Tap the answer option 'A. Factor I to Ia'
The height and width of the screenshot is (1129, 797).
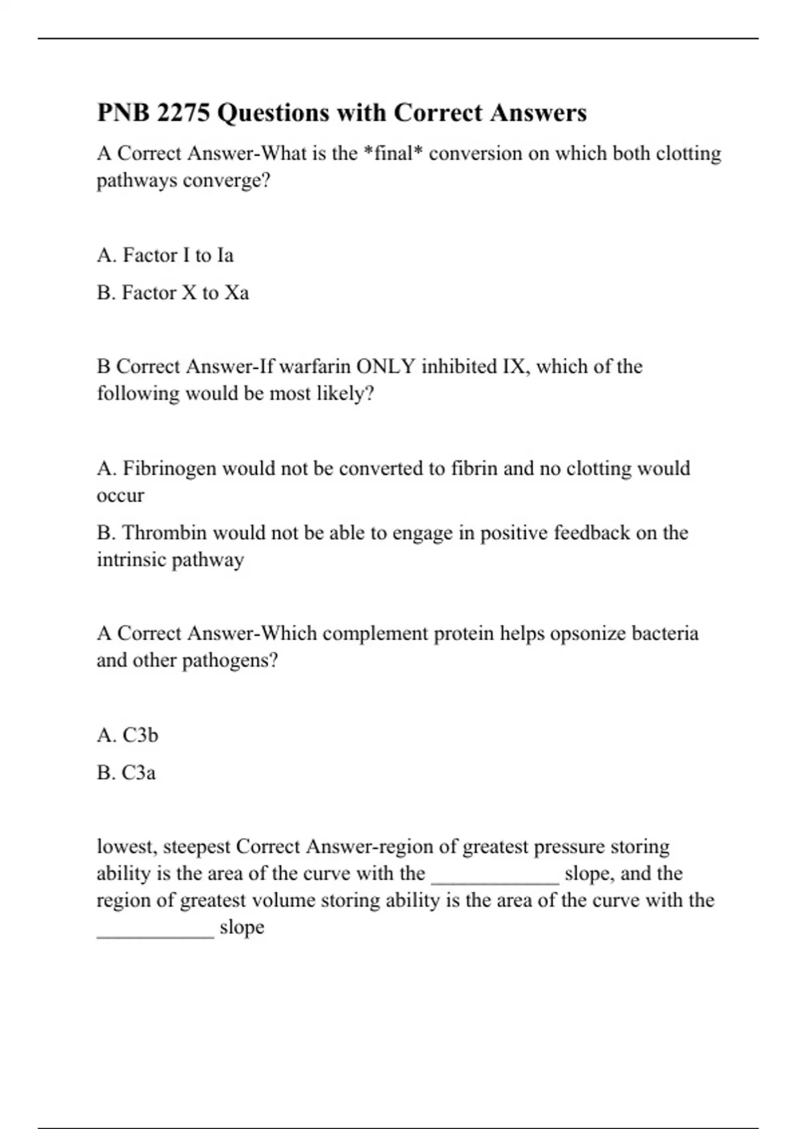pyautogui.click(x=165, y=256)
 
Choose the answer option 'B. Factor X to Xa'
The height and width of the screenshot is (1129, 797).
pyautogui.click(x=173, y=293)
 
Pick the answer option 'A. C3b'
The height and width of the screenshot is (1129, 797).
pyautogui.click(x=128, y=735)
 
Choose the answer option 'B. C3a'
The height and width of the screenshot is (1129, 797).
pyautogui.click(x=126, y=773)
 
